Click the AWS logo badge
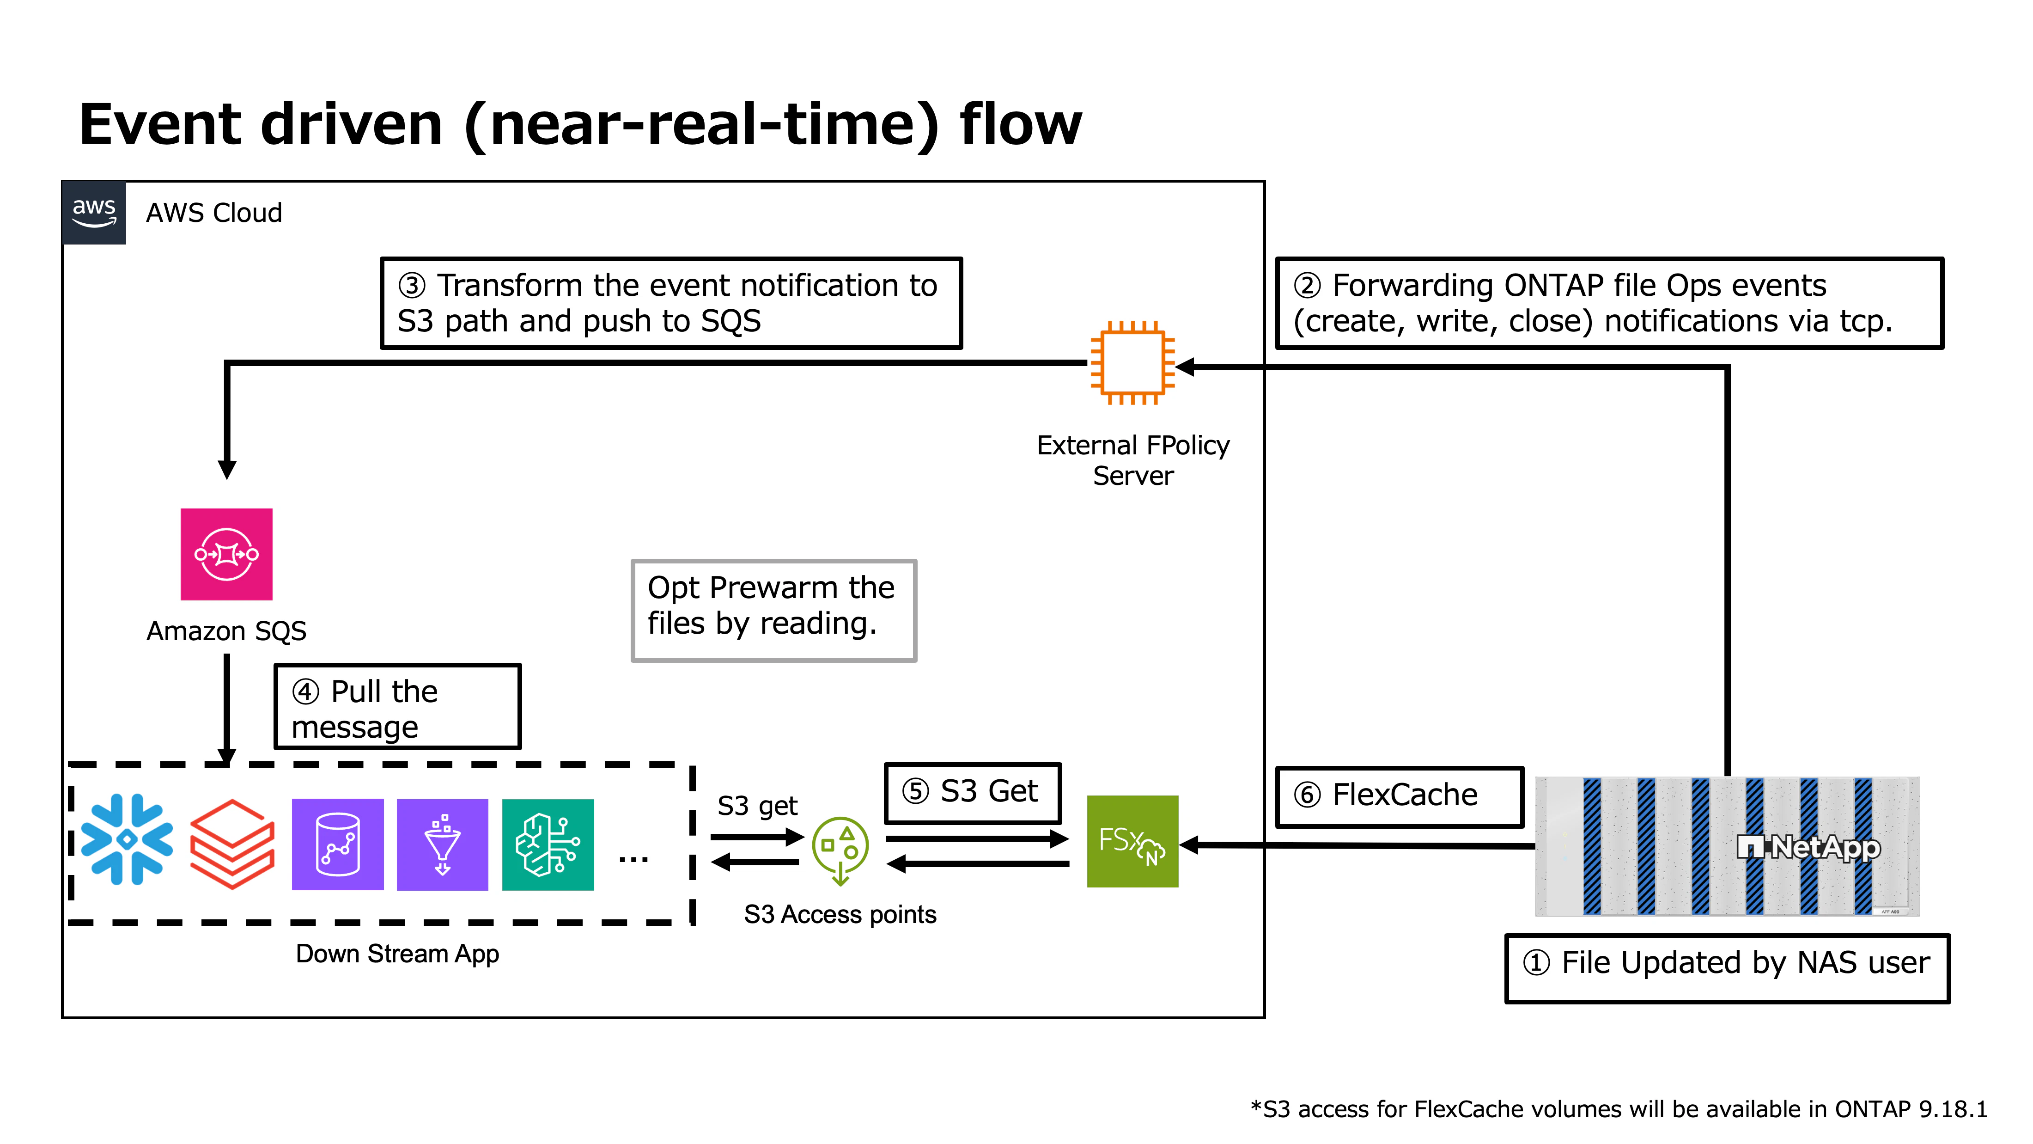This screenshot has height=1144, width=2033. coord(94,212)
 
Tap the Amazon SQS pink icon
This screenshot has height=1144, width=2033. coord(226,554)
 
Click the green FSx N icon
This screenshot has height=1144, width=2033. coord(1132,842)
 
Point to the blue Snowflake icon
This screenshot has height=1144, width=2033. coord(127,839)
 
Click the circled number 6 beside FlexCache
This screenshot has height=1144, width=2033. coord(1307,795)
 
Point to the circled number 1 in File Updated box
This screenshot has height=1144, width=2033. coord(1536,963)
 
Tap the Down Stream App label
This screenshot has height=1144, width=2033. coord(397,954)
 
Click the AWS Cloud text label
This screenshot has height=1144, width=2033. coord(214,213)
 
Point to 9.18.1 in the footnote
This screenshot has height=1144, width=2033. coord(1953,1109)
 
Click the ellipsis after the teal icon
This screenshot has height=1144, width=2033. coord(634,859)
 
